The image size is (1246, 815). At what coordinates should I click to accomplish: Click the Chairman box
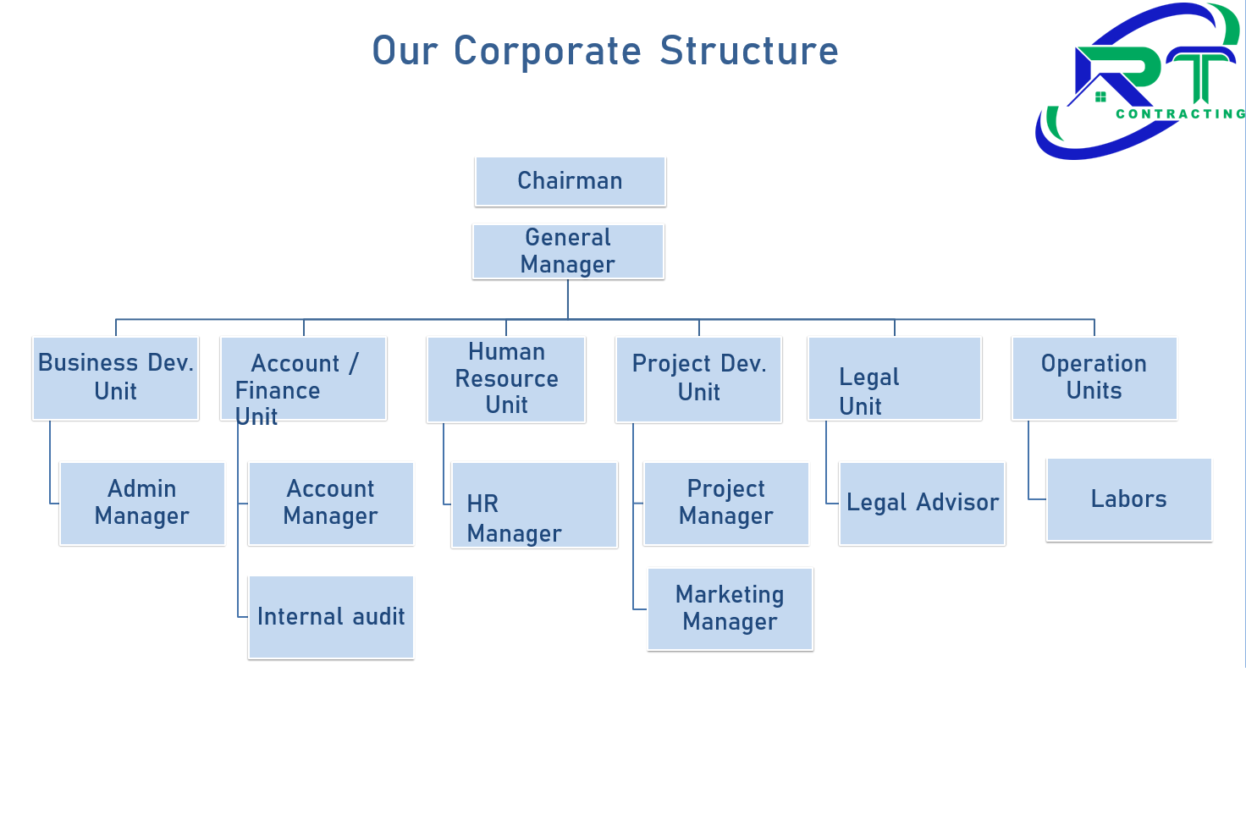pyautogui.click(x=571, y=181)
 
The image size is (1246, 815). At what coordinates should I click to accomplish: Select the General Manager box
pyautogui.click(x=568, y=251)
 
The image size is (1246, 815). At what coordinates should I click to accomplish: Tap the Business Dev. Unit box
pyautogui.click(x=116, y=377)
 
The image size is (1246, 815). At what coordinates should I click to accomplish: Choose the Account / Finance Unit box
pyautogui.click(x=303, y=377)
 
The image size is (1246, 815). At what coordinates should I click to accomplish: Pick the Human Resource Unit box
pyautogui.click(x=506, y=378)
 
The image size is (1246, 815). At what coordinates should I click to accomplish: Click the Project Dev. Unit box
pyautogui.click(x=698, y=378)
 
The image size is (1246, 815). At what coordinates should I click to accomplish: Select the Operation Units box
pyautogui.click(x=1094, y=377)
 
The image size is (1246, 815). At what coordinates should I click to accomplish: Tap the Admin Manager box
pyautogui.click(x=142, y=503)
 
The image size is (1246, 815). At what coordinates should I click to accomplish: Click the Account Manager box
pyautogui.click(x=330, y=503)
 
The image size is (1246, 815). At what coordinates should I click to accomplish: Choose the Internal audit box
pyautogui.click(x=330, y=617)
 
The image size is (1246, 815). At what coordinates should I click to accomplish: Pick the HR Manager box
pyautogui.click(x=534, y=504)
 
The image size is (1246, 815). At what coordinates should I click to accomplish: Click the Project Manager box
pyautogui.click(x=726, y=503)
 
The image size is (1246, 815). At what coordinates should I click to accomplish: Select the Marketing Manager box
pyautogui.click(x=730, y=608)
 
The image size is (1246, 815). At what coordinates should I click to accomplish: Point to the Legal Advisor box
pyautogui.click(x=922, y=503)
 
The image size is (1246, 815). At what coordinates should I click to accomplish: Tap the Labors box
pyautogui.click(x=1128, y=499)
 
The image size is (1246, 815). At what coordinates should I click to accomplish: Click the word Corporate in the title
pyautogui.click(x=548, y=51)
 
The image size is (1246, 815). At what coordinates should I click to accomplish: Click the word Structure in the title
pyautogui.click(x=749, y=51)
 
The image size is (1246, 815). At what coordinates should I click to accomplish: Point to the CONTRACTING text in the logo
pyautogui.click(x=1180, y=114)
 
